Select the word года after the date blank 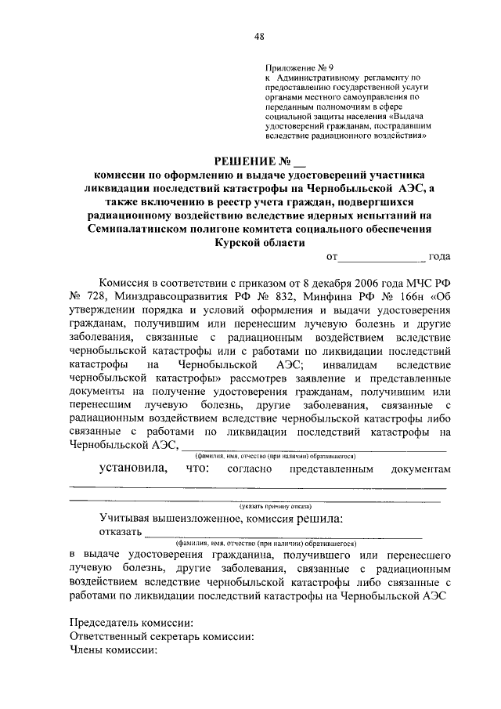point(436,257)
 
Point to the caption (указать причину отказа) point(258,506)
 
